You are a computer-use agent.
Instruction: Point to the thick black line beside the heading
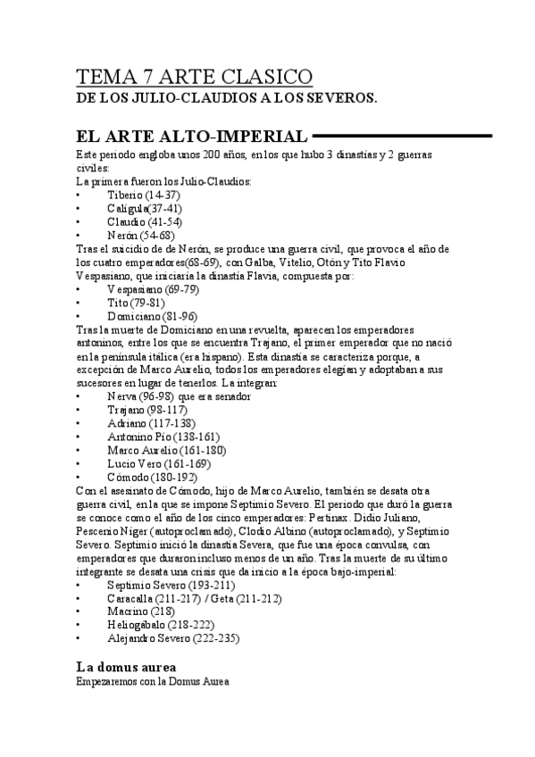tap(402, 137)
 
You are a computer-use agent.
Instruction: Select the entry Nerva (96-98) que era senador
tap(179, 395)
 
